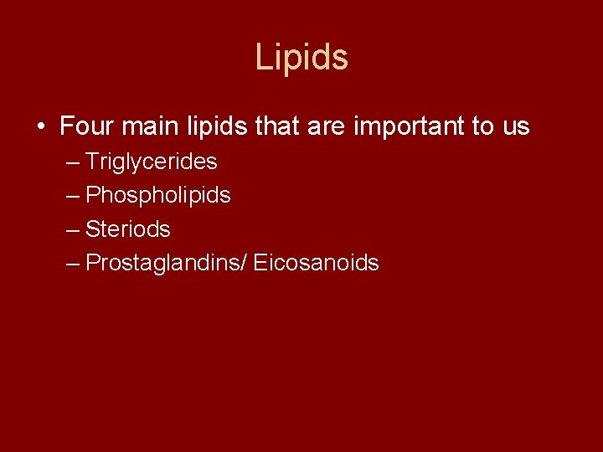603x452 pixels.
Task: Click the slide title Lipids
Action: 301,58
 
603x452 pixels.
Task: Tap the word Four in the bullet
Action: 87,127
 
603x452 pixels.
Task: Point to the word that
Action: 277,127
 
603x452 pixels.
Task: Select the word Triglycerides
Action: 152,162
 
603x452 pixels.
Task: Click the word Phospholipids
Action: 158,196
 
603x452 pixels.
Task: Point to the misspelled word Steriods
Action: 128,229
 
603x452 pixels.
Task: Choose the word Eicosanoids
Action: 316,263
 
